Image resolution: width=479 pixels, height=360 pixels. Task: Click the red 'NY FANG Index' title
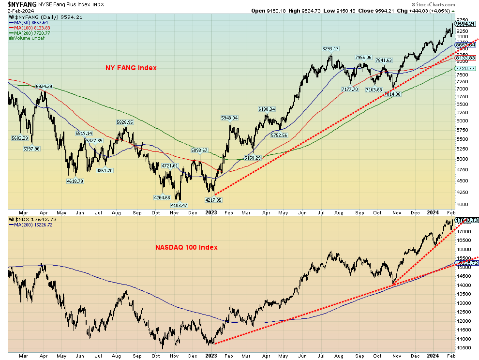(131, 68)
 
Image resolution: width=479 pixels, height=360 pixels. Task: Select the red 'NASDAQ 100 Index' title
(186, 247)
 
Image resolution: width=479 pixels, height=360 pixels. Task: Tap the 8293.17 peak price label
(330, 48)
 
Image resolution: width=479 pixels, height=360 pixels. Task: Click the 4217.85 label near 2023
(213, 200)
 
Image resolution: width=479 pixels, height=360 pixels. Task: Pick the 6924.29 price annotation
(44, 87)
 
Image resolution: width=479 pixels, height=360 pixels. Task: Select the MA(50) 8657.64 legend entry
(31, 22)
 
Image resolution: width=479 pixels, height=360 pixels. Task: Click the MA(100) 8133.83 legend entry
(32, 28)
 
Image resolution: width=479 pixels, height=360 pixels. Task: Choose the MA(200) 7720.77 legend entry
(32, 33)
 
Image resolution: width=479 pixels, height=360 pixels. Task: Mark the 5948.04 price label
(229, 118)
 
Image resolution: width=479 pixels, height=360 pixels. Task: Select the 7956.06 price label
(363, 58)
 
